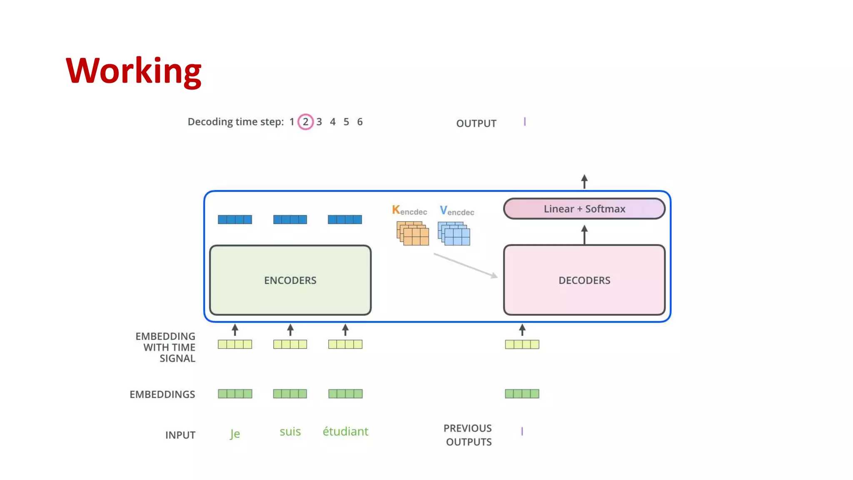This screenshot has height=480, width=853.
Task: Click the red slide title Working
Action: (x=133, y=71)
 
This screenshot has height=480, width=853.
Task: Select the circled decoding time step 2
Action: (x=305, y=122)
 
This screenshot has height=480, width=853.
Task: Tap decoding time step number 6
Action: (x=360, y=122)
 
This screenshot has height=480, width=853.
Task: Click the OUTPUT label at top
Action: (x=476, y=123)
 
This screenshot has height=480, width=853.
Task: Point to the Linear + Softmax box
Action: (x=584, y=209)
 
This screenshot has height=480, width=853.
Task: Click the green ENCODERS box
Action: (x=290, y=280)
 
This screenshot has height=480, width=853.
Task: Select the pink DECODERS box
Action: (x=584, y=280)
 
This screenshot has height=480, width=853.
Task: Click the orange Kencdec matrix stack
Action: (x=412, y=233)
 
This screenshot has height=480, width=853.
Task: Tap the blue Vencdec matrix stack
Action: (x=454, y=234)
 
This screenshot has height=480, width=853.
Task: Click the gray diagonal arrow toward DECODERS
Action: (x=466, y=265)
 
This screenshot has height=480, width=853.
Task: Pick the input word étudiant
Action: (x=345, y=432)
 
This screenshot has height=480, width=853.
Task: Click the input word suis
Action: (x=290, y=432)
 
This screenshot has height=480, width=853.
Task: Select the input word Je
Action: (x=235, y=434)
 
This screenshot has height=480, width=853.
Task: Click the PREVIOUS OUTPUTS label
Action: (x=468, y=435)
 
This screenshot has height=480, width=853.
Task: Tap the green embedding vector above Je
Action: (x=235, y=394)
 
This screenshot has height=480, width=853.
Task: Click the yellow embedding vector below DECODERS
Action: (x=522, y=345)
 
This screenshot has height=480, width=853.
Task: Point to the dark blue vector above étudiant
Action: (x=345, y=220)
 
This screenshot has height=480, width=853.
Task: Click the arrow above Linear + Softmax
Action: (x=584, y=182)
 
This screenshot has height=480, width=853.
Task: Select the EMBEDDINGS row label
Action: (x=162, y=394)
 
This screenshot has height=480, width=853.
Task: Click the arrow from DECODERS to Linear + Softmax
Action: (x=584, y=235)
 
